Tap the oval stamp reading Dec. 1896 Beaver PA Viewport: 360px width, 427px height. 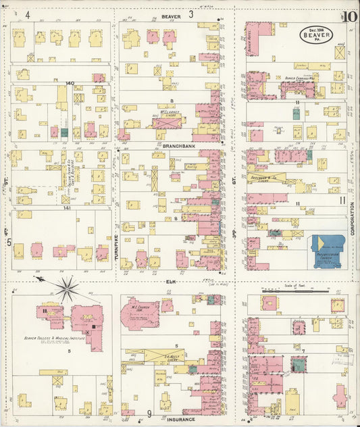[x=315, y=34]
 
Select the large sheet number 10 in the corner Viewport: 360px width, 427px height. [x=350, y=18]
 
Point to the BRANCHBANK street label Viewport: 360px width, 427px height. [x=179, y=145]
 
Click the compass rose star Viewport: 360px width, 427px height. [x=67, y=288]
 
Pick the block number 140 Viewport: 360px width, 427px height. [x=69, y=83]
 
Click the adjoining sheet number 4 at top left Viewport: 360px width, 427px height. [x=28, y=14]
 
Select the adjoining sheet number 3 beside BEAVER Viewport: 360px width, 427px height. [x=191, y=14]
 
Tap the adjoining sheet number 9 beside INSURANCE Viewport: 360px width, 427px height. [x=149, y=413]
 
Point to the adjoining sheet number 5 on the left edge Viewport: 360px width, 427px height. [x=9, y=241]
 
